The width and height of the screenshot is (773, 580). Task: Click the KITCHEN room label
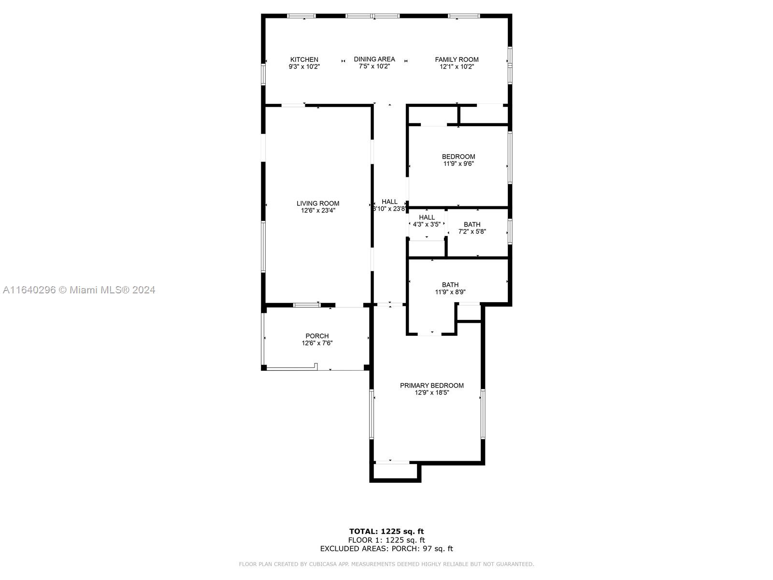[304, 59]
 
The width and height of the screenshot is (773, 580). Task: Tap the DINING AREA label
[374, 59]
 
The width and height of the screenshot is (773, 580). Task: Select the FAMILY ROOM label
[457, 59]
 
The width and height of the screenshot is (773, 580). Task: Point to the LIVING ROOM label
[317, 203]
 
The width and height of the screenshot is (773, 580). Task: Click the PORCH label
[317, 336]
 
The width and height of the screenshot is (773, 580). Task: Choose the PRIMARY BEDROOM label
[431, 385]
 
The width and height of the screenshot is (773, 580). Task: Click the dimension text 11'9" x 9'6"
[458, 163]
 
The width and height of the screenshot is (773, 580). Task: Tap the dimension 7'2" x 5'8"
[472, 232]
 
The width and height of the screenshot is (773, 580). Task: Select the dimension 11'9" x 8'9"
[450, 291]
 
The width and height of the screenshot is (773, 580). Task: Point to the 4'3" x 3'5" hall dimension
[427, 224]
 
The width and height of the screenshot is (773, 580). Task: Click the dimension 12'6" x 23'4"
[317, 210]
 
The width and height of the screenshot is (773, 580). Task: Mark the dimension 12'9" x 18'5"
[431, 392]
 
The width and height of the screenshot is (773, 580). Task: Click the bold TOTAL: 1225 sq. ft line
[386, 531]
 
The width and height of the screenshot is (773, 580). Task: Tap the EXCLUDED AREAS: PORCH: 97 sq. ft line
[386, 548]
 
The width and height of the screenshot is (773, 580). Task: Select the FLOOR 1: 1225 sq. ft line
[386, 540]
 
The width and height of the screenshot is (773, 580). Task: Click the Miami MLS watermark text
[79, 290]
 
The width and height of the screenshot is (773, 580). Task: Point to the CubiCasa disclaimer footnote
[386, 564]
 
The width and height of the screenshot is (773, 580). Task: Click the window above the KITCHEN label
[301, 16]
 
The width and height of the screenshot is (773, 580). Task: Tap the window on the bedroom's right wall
[510, 158]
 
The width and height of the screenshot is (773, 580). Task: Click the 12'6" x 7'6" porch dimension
[317, 343]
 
